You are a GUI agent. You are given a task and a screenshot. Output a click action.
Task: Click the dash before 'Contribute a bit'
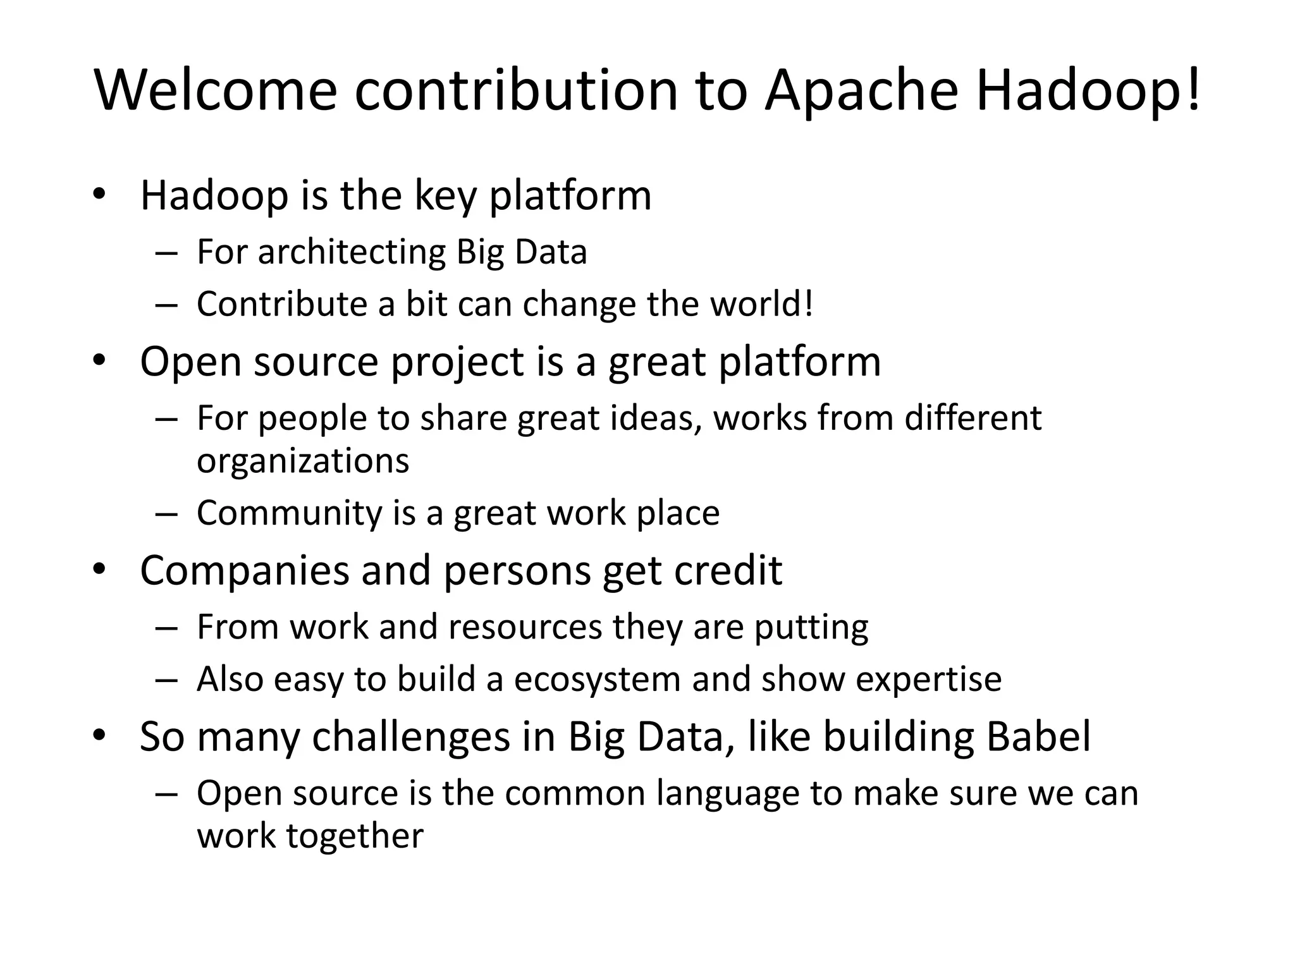[x=166, y=305]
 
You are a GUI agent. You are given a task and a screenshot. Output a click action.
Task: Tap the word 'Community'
[x=290, y=513]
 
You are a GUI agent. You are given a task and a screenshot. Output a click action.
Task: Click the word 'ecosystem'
[x=598, y=680]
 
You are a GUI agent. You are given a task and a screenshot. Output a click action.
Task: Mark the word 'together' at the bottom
[x=355, y=836]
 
